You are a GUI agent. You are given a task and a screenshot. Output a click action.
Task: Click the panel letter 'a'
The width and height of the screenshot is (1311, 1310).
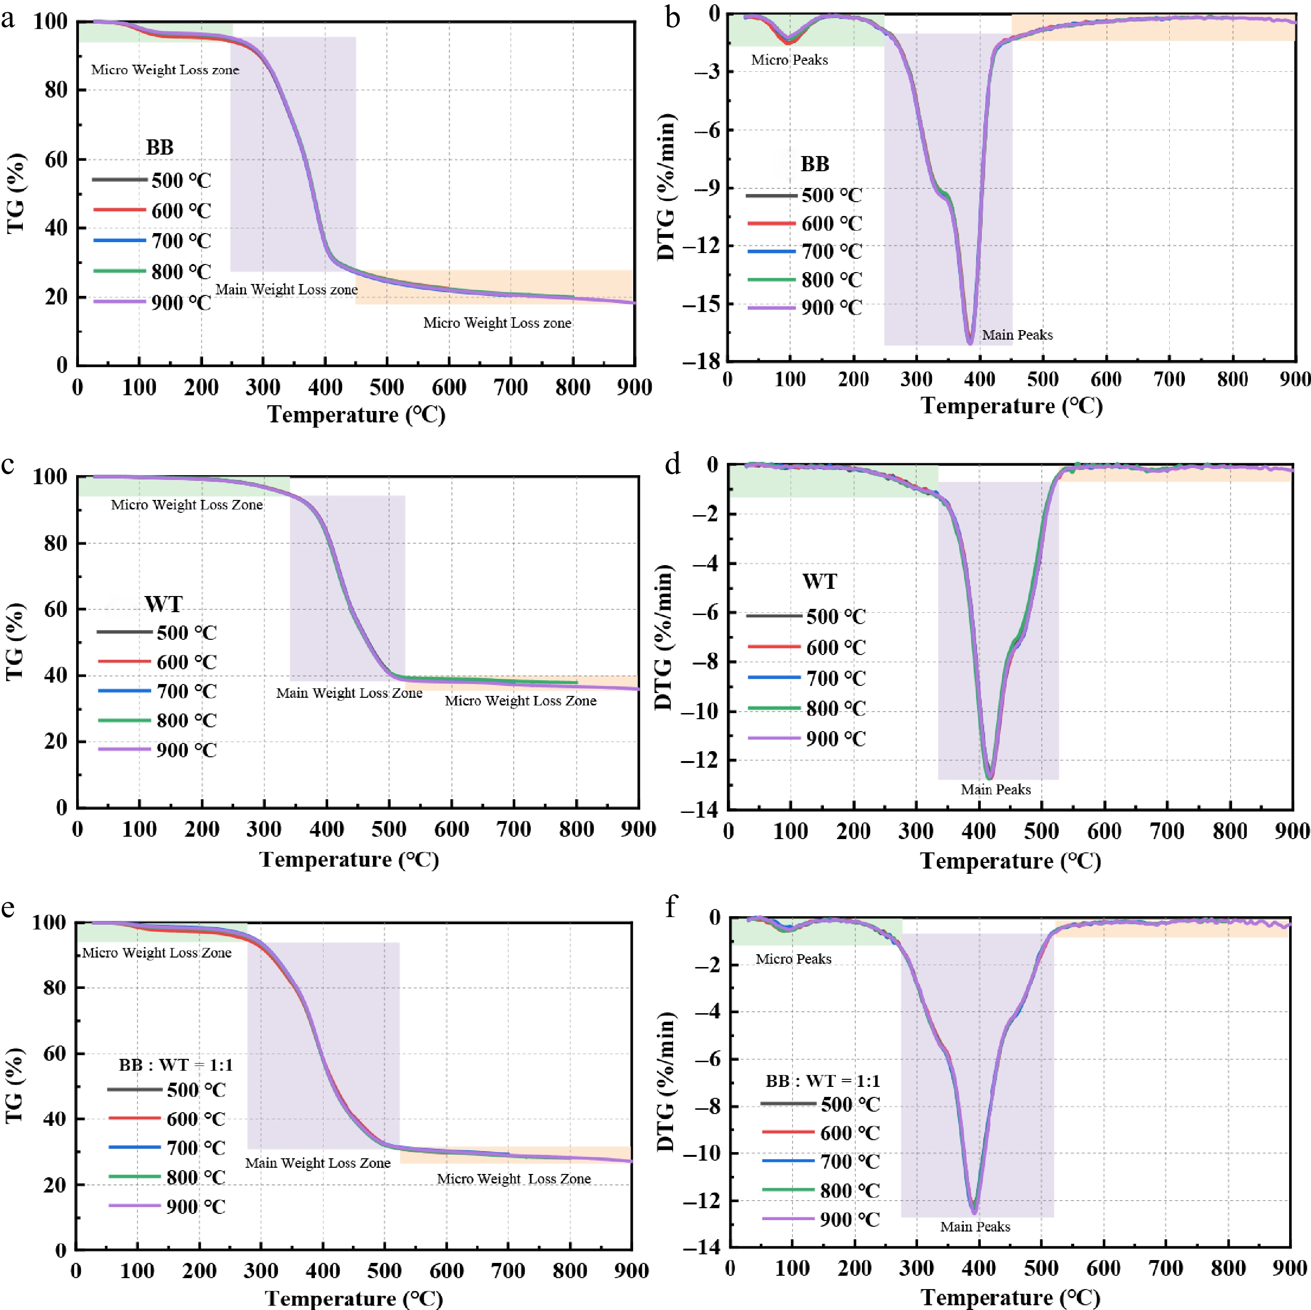(8, 19)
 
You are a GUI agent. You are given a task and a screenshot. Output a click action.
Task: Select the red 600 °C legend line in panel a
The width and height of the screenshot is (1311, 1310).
(119, 210)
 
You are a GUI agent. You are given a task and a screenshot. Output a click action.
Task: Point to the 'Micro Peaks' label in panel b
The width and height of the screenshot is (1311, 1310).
(789, 60)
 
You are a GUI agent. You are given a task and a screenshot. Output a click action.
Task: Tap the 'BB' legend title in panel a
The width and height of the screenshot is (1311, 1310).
(159, 147)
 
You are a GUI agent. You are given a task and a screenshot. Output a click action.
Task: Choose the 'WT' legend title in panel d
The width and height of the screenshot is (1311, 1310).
(820, 581)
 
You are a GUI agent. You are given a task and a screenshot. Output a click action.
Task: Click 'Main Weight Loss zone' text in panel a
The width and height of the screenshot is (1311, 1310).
(286, 290)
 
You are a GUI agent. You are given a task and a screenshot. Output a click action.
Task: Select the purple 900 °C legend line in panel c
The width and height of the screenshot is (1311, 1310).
(125, 749)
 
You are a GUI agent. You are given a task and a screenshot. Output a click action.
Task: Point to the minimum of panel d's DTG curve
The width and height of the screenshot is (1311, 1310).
(989, 777)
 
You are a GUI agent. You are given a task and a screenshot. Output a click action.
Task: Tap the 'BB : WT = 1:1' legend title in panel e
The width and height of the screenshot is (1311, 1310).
(176, 1065)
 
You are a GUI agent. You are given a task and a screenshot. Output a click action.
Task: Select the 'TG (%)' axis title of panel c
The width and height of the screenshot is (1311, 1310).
(14, 641)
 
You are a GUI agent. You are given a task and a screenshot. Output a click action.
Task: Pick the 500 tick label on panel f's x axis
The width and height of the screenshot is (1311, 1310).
(1041, 1268)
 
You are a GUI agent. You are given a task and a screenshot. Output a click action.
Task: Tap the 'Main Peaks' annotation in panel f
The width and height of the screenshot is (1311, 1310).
(975, 1227)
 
